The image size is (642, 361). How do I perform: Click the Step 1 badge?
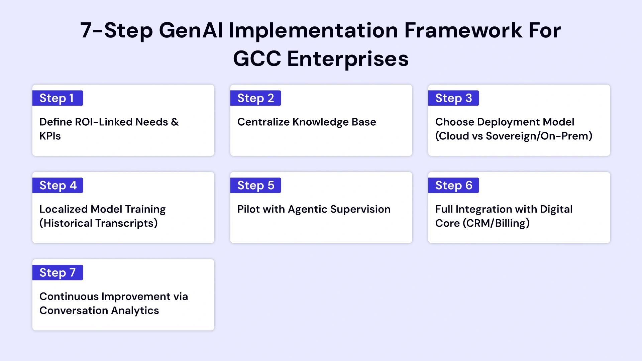[x=58, y=98]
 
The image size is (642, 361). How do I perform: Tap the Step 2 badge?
[x=255, y=98]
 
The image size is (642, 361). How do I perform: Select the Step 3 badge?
[x=453, y=98]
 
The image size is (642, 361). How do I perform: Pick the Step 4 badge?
[x=58, y=186]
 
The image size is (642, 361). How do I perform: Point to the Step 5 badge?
[x=255, y=186]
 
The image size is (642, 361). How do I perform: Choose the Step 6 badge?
[x=453, y=186]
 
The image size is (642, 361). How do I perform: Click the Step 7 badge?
[x=58, y=273]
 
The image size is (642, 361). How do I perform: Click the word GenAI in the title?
[x=191, y=30]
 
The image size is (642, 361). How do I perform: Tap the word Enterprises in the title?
[x=348, y=59]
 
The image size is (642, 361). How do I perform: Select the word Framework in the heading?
[x=463, y=30]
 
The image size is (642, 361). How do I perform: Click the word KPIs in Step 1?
[x=50, y=136]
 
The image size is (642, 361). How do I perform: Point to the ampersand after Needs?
[x=175, y=122]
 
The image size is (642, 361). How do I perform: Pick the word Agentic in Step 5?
[x=307, y=209]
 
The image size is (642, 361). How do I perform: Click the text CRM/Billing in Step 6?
[x=496, y=223]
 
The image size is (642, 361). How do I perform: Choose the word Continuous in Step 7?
[x=69, y=296]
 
